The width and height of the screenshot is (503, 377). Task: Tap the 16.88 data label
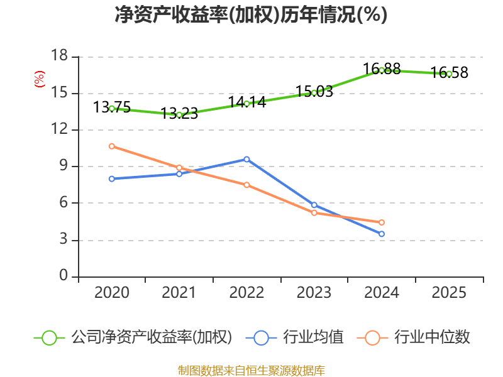tap(382, 68)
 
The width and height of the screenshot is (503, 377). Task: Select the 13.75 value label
tap(112, 107)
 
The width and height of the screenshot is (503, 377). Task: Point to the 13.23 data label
tap(179, 114)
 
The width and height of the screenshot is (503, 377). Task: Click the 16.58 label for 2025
tap(449, 73)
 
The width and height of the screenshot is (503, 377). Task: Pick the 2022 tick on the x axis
tap(246, 292)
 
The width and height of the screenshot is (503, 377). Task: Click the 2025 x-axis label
tap(449, 292)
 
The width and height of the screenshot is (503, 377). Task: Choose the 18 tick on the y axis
tap(59, 57)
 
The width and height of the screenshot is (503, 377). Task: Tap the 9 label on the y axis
tap(64, 167)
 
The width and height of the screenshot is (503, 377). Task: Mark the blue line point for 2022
tap(246, 159)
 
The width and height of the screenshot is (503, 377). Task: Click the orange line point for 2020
tap(112, 146)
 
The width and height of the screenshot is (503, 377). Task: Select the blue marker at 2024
tap(382, 234)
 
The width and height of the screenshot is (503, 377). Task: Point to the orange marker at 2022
tap(246, 185)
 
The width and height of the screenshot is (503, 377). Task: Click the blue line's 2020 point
tap(112, 178)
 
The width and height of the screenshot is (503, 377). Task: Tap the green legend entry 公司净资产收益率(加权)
tap(151, 337)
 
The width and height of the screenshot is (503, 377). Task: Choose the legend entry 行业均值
tap(312, 337)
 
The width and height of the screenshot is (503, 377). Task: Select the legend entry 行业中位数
tap(431, 337)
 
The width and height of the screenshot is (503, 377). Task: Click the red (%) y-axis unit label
tap(40, 79)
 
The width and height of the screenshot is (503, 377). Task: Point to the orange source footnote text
tap(251, 370)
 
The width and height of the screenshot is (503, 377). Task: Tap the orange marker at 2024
tap(382, 222)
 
